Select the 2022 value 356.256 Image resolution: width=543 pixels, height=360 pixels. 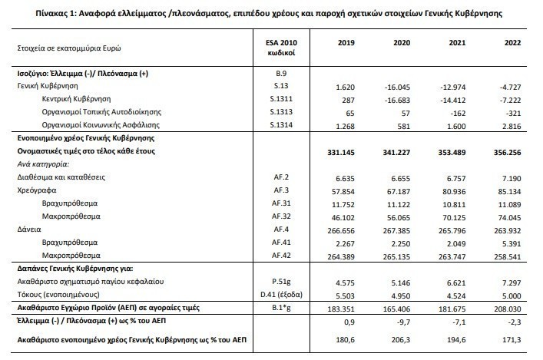click(x=510, y=152)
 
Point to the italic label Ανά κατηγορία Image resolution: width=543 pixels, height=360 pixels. click(x=44, y=164)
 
